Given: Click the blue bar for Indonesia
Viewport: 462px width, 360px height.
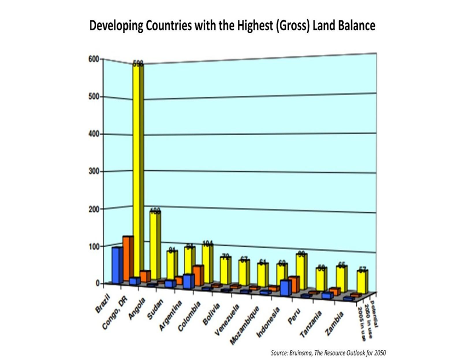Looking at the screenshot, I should point(284,288).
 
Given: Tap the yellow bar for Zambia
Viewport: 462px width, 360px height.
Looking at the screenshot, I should point(361,281).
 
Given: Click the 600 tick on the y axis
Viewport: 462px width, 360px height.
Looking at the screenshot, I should point(94,59).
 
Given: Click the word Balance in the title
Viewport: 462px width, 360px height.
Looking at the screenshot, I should point(353,26).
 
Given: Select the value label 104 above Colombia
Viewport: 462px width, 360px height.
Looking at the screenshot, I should point(207,243).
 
